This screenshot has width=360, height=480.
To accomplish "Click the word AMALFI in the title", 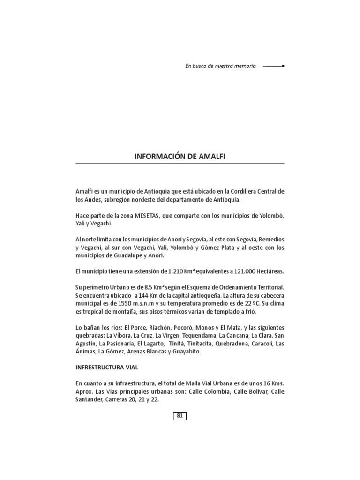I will click(x=210, y=156).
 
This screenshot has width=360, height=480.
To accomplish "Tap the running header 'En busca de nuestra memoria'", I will click(x=220, y=66).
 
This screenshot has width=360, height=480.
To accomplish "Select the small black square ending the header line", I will click(x=282, y=66).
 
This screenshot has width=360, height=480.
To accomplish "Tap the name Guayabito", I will click(x=187, y=352).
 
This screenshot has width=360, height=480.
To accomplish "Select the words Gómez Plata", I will click(x=204, y=247).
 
